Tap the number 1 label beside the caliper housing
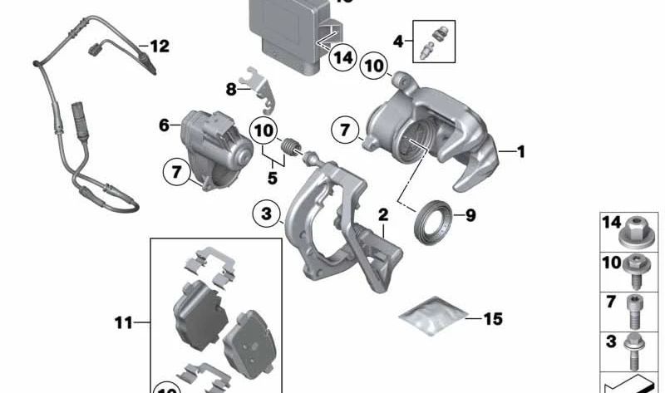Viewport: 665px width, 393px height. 521,152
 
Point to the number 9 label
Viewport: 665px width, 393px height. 470,216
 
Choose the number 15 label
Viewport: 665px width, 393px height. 493,317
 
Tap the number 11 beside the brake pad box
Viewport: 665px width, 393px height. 124,322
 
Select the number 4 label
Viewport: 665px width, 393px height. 398,40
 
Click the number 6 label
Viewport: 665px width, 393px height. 164,125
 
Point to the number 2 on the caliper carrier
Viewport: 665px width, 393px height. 383,215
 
